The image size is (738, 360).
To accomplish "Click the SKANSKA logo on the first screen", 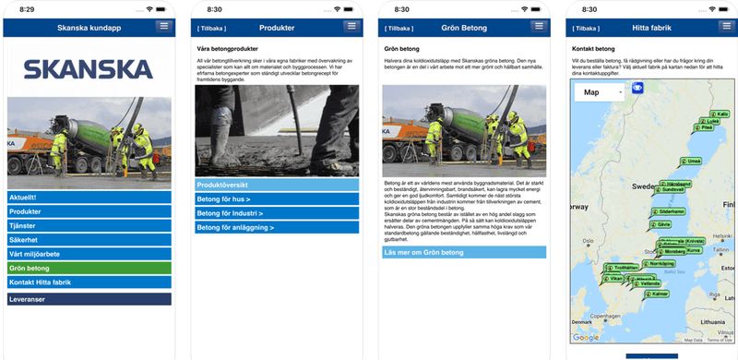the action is click(89, 69).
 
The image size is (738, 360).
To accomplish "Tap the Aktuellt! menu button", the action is click(89, 198).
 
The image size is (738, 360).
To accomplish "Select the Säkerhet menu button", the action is click(89, 240).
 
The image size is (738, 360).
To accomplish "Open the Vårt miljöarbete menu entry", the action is click(89, 254).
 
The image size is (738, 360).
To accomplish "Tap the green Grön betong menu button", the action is click(89, 269).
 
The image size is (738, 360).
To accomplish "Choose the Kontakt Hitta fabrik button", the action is click(89, 282).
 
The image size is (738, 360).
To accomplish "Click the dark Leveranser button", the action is click(89, 299).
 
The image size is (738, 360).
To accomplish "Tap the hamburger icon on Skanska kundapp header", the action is click(163, 27).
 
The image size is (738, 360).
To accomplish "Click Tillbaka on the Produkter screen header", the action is click(211, 29).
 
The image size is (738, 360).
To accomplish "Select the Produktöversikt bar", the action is click(277, 185).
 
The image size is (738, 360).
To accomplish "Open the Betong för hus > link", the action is click(277, 199).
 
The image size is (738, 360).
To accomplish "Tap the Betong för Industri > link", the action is click(277, 213).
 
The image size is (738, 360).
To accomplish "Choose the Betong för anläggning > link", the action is click(277, 227).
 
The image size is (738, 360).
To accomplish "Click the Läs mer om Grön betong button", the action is click(464, 252).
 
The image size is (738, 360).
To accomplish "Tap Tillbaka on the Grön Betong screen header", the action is click(399, 29).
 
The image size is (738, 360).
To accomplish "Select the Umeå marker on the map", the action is click(693, 161).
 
